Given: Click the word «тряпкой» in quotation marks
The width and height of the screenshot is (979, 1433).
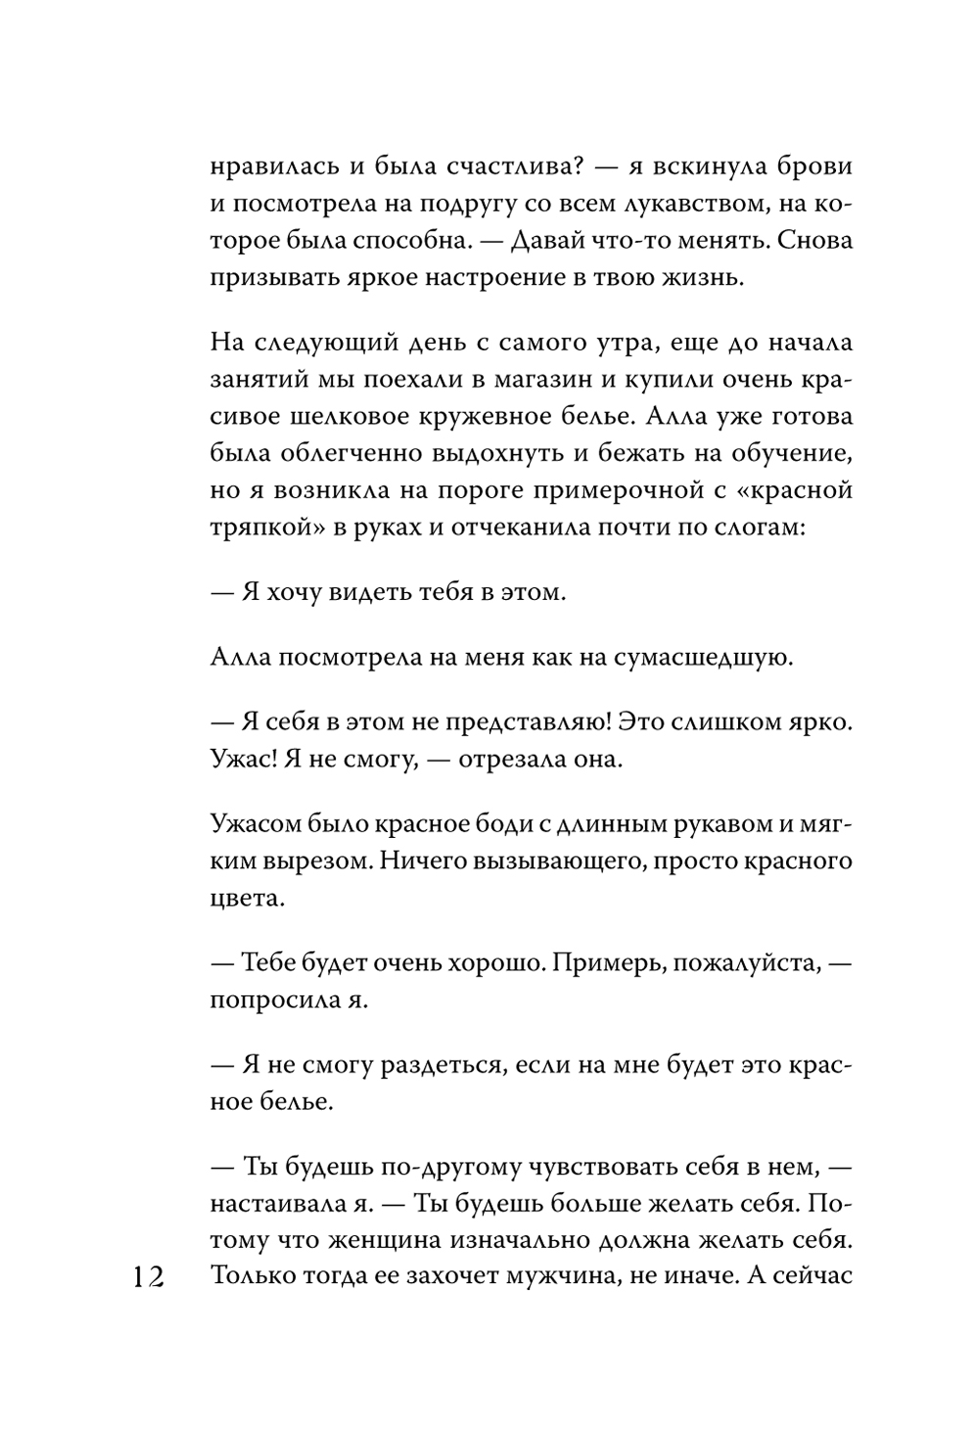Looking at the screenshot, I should pyautogui.click(x=257, y=527).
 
